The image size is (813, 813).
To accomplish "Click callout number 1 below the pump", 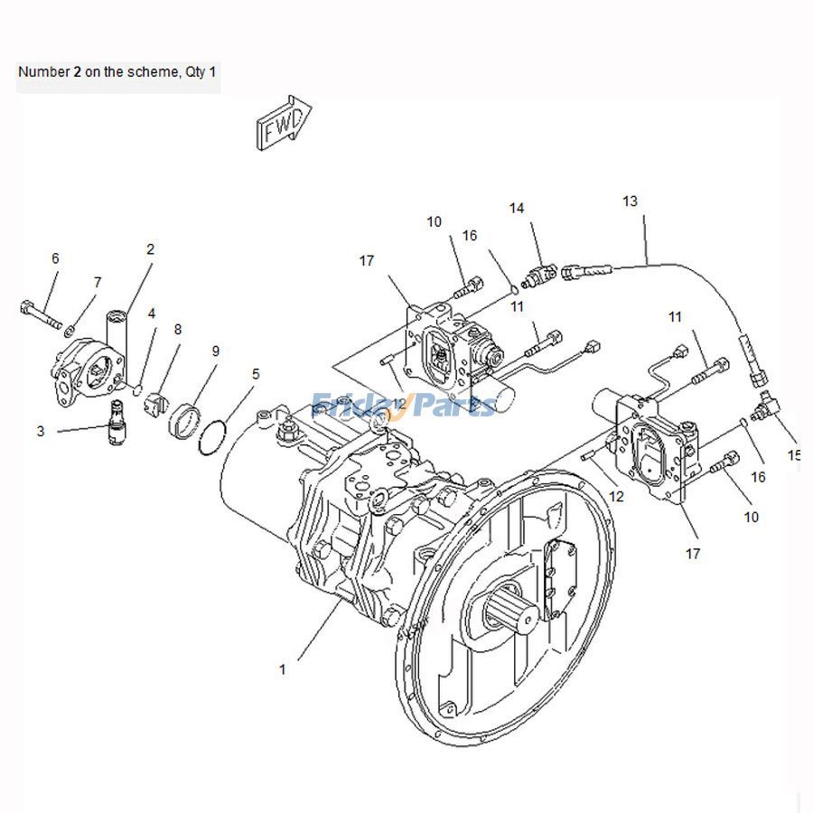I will tap(282, 669).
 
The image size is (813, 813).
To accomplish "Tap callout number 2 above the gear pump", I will tap(151, 249).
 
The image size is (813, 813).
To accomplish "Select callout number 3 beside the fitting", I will tap(41, 432).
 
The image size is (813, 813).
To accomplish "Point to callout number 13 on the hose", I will tap(630, 200).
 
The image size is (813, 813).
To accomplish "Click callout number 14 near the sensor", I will tap(516, 208).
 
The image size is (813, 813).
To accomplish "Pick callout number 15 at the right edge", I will tap(794, 455).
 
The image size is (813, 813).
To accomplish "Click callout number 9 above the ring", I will tap(215, 350).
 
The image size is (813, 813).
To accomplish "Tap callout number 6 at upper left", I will tap(55, 258).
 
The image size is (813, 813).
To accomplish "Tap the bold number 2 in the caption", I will tap(78, 70).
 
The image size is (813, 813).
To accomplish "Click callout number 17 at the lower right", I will tap(693, 553).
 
